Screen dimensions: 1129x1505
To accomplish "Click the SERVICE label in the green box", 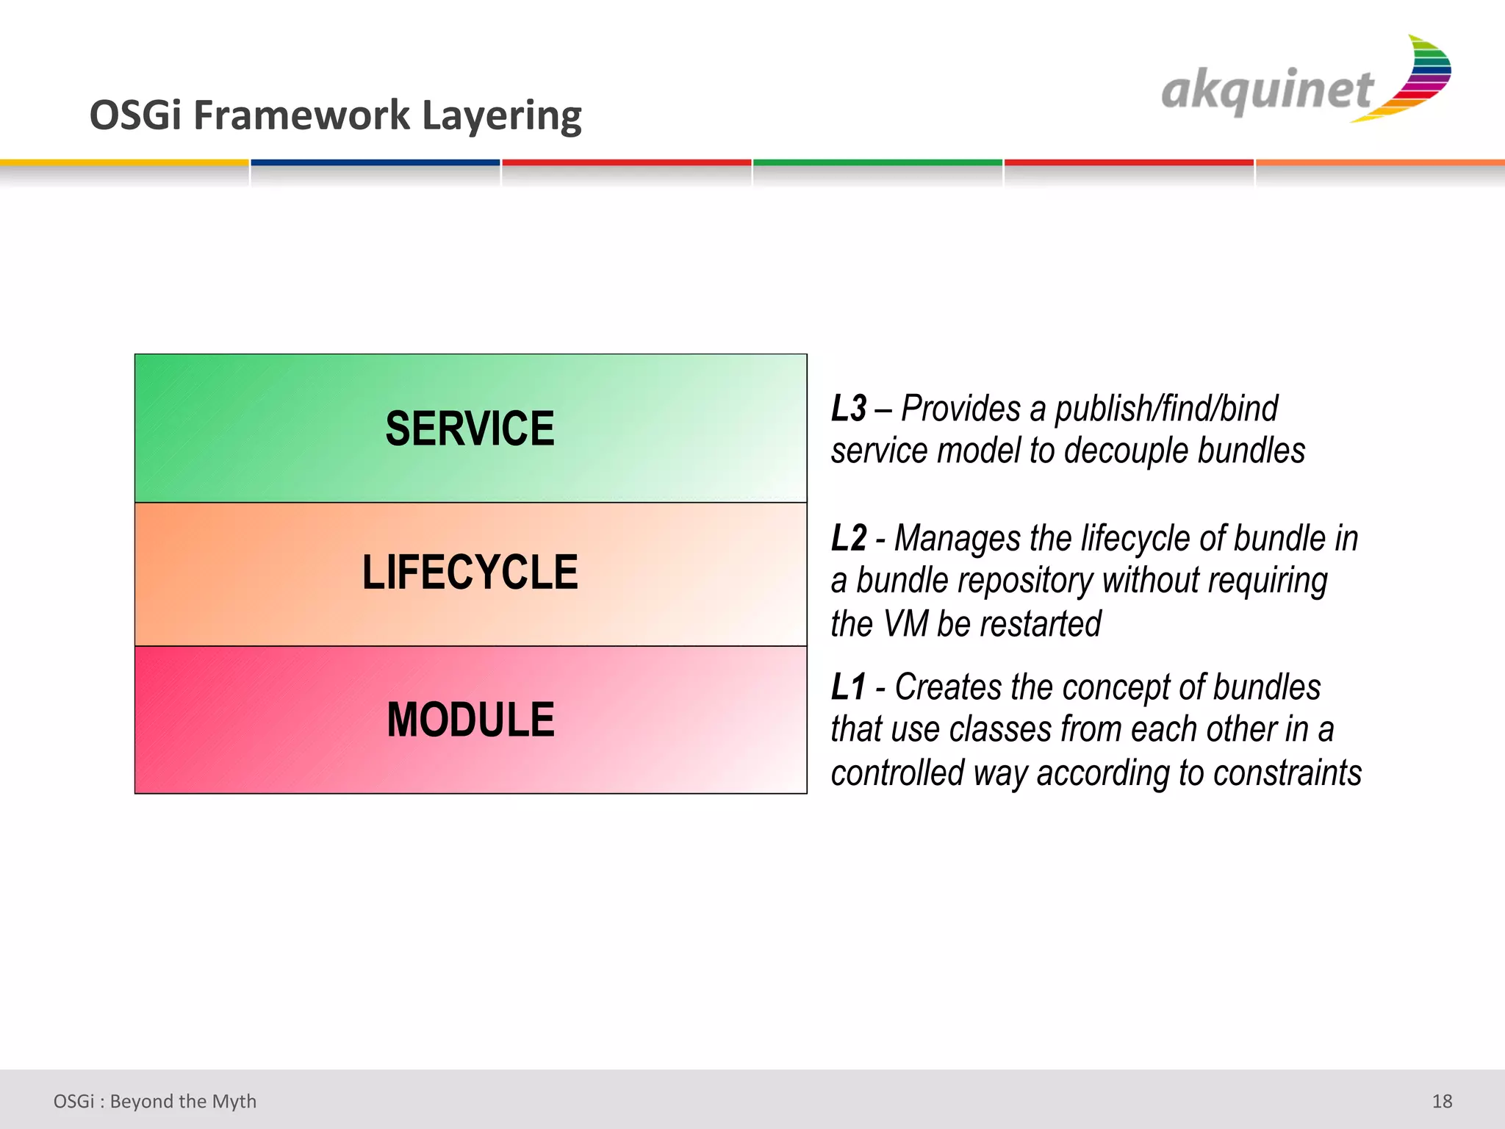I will [x=470, y=429].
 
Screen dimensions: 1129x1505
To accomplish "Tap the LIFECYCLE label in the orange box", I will [x=470, y=573].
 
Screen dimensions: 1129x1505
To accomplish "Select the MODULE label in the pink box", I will [x=470, y=720].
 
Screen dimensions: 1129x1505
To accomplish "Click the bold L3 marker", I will [x=849, y=409].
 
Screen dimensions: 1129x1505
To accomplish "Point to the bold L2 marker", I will [x=849, y=539].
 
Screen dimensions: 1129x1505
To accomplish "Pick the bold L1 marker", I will [x=848, y=688].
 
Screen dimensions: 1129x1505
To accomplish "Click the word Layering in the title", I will [x=501, y=116].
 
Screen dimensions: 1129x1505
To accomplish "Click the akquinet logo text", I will [x=1267, y=91].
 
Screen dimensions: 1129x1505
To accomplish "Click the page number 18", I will [x=1442, y=1101].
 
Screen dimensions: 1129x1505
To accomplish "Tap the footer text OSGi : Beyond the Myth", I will [x=154, y=1101].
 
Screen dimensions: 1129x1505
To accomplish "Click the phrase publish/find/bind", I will [x=1166, y=409].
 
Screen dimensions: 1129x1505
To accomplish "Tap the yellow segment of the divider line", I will [x=124, y=162].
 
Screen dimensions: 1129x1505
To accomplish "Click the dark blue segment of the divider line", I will [x=375, y=162].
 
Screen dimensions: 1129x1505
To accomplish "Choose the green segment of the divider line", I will [x=877, y=162].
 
